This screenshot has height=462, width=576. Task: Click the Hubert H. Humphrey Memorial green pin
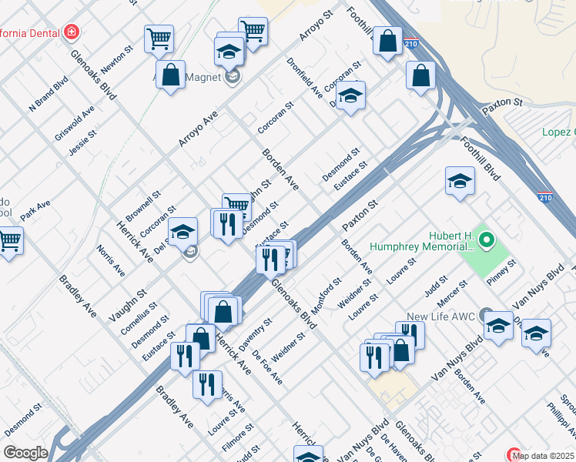click(486, 241)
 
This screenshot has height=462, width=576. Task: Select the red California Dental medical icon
click(72, 32)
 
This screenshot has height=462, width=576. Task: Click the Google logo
click(25, 453)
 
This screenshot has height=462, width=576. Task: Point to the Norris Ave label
click(110, 260)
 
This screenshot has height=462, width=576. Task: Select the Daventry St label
click(256, 333)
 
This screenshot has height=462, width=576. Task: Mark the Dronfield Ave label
click(304, 78)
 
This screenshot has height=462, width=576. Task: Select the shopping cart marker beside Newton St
click(159, 38)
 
